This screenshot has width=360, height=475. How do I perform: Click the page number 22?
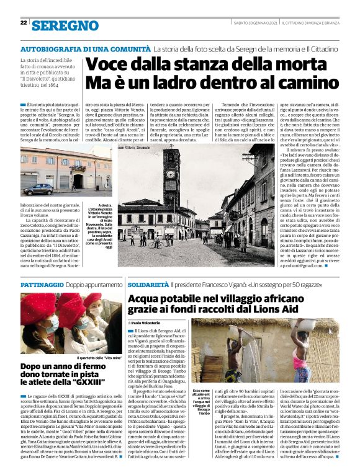pos(24,22)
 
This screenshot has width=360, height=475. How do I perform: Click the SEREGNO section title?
pos(65,25)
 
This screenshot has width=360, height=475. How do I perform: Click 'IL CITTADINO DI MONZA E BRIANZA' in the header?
pos(314,23)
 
